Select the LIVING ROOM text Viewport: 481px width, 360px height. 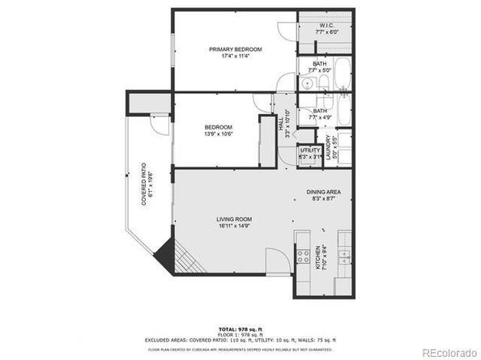(234, 219)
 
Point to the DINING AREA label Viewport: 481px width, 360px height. (322, 191)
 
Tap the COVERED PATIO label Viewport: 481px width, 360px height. (144, 184)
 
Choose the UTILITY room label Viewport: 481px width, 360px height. (310, 150)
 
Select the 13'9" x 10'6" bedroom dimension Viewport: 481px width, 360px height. (219, 135)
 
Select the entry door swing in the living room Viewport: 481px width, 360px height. (276, 260)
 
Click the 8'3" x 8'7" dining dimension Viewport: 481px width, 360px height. (322, 198)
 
